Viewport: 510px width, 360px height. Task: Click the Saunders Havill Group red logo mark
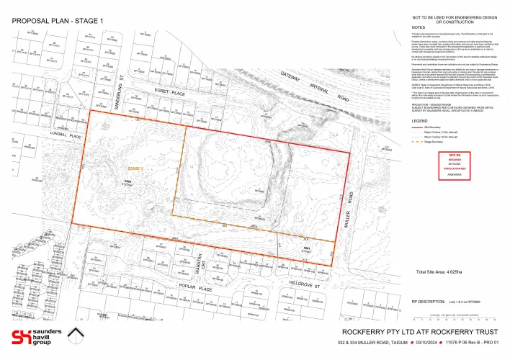pyautogui.click(x=23, y=337)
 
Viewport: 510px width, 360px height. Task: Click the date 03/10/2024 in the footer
pyautogui.click(x=408, y=346)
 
